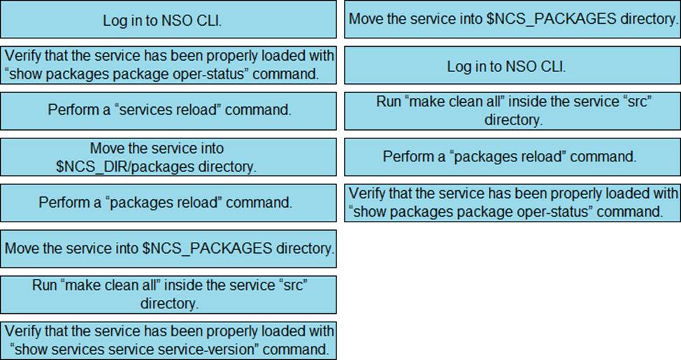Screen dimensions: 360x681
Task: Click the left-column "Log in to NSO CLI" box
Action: (x=168, y=20)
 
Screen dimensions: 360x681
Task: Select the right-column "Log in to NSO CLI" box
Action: (x=511, y=66)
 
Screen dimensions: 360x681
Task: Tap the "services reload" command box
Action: (x=168, y=110)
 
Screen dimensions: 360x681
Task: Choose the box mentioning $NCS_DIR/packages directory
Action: (x=168, y=157)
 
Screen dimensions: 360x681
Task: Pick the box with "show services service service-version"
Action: (x=168, y=340)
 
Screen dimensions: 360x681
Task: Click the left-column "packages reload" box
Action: (x=168, y=203)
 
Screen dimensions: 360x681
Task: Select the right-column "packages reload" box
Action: (x=511, y=157)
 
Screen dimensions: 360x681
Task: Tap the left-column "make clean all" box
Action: (x=168, y=294)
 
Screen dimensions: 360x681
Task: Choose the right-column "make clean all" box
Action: (x=511, y=111)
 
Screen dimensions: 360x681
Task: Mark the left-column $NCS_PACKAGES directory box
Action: (x=168, y=248)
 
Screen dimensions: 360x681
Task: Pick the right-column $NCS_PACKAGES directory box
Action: (x=511, y=19)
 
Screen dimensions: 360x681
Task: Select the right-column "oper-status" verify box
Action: (x=511, y=202)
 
